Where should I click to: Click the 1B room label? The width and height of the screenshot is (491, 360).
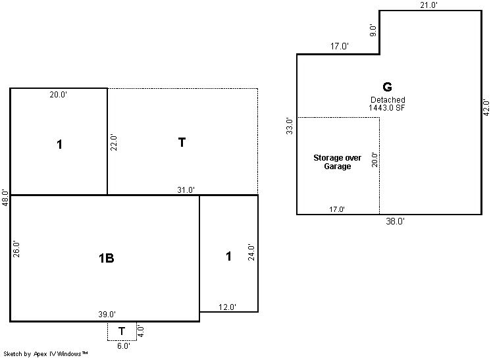coord(106,258)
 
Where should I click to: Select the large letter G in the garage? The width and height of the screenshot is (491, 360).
coord(388,87)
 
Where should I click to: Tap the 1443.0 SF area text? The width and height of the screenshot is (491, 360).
coord(387,108)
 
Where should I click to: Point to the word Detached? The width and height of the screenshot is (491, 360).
coord(388,100)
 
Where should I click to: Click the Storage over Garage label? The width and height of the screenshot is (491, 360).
coord(337,162)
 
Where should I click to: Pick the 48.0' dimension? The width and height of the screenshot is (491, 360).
coord(5,197)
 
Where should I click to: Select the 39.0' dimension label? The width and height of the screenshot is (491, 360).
coord(107,314)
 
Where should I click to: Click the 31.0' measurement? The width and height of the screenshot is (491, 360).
coord(186,190)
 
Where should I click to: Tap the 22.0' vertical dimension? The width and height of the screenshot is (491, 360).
coord(113,142)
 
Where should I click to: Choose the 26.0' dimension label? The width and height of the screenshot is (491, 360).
coord(16,249)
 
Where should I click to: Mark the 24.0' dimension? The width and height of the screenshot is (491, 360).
coord(251,252)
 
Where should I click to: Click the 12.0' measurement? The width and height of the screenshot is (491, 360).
coord(227,307)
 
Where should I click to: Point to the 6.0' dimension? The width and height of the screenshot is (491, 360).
coord(123,346)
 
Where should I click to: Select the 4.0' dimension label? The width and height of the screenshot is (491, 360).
coord(141,331)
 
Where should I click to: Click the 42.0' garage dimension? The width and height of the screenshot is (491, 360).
coord(486,107)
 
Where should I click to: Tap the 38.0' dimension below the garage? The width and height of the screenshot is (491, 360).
coord(395,221)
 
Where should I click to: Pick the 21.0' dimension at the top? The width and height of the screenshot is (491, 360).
coord(428,5)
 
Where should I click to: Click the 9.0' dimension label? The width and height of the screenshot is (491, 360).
coord(373,30)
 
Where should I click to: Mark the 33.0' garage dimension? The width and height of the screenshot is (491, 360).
coord(290,126)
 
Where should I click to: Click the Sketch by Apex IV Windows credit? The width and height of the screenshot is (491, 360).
coord(45,354)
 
